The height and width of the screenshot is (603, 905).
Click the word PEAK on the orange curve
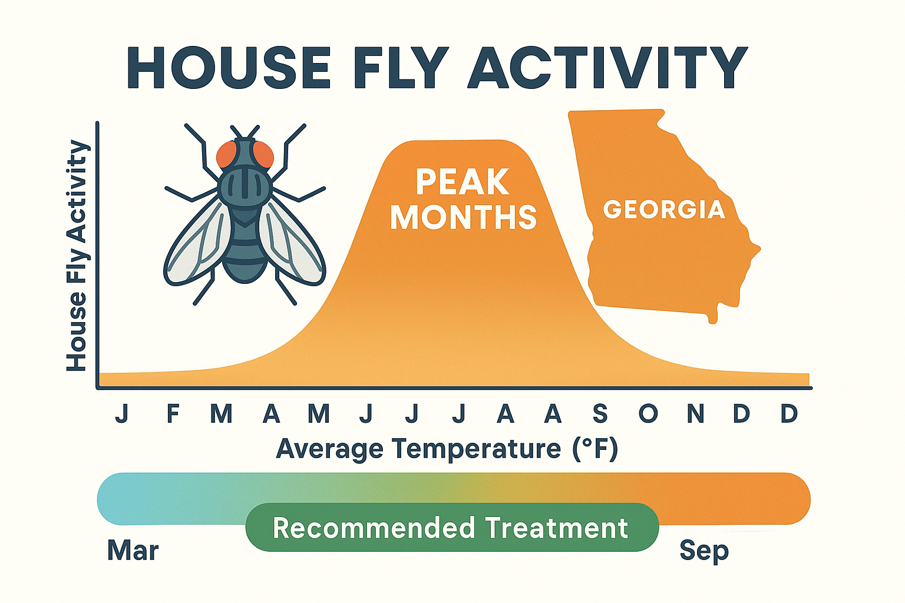click(x=463, y=182)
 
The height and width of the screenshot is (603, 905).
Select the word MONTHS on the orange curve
click(x=463, y=217)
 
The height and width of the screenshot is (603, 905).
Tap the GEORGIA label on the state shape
click(x=664, y=210)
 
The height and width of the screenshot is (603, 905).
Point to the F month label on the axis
click(x=173, y=413)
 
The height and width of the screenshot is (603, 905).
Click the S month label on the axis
click(x=600, y=413)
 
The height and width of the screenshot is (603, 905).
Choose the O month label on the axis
click(x=648, y=413)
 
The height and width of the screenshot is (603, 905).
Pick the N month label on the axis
click(x=696, y=413)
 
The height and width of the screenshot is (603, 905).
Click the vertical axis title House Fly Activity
click(x=77, y=256)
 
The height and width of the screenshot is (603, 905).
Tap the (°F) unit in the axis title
click(x=594, y=449)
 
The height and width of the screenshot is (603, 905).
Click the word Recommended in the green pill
click(x=374, y=528)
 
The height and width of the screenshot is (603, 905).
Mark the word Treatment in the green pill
click(x=556, y=528)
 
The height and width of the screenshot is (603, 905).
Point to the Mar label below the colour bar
click(x=133, y=551)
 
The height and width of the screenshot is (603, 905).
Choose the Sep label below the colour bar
click(x=704, y=551)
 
